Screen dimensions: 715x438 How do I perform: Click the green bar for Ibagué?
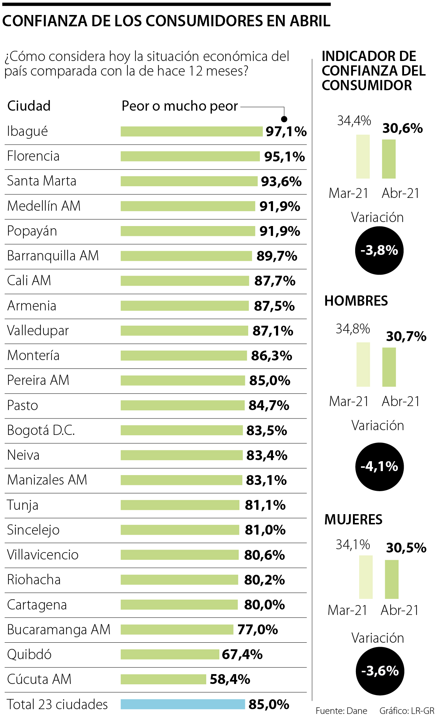[x=191, y=131]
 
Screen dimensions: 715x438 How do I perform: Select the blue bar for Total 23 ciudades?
[x=182, y=704]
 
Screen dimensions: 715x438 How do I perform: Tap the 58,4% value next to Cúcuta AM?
[x=230, y=679]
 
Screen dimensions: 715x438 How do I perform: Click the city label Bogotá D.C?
[x=41, y=430]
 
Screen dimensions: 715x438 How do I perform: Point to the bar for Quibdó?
[x=170, y=654]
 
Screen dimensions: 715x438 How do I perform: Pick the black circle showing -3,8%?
[x=379, y=251]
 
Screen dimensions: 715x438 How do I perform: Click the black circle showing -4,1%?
[x=379, y=466]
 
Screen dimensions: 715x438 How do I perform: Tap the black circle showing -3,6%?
[x=380, y=671]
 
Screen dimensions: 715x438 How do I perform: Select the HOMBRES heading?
[x=356, y=301]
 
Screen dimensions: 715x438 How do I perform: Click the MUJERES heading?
[x=353, y=520]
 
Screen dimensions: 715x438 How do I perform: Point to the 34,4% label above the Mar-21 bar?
[x=354, y=121]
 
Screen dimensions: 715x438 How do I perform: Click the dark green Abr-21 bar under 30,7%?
[x=389, y=367]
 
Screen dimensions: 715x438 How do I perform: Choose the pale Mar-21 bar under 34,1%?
[x=366, y=577]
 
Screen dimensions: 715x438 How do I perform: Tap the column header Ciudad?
[x=29, y=106]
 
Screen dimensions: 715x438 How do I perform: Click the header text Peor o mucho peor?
[x=180, y=106]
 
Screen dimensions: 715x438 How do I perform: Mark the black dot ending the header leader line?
[x=284, y=119]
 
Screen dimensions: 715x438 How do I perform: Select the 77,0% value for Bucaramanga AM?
[x=258, y=630]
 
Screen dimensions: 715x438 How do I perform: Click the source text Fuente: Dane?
[x=341, y=711]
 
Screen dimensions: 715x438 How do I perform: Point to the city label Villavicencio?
[x=43, y=555]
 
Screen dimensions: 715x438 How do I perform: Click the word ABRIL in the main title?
[x=310, y=21]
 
